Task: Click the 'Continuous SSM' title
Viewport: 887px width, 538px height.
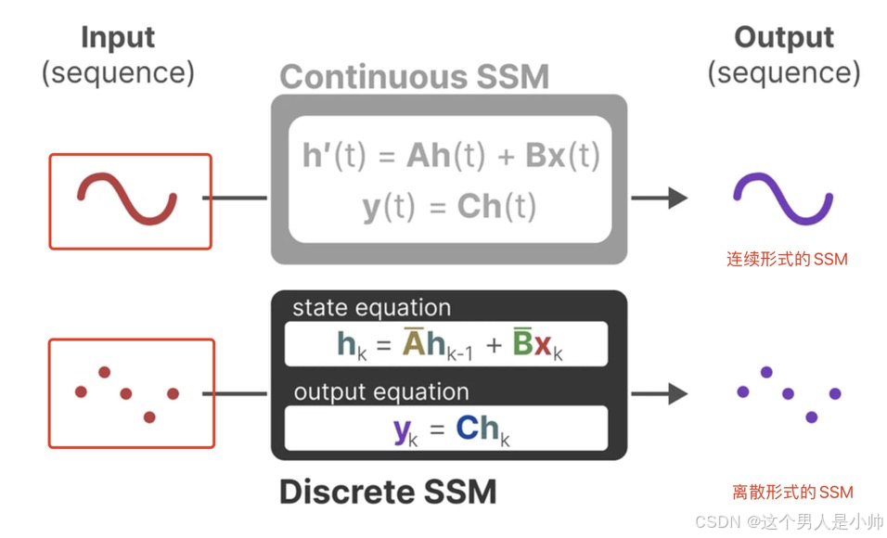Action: click(414, 77)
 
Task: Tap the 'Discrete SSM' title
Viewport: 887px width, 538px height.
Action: click(388, 491)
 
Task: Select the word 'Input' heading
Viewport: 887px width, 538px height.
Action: click(118, 37)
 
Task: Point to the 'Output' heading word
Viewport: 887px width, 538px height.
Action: click(784, 37)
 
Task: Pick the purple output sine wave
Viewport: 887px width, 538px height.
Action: click(783, 199)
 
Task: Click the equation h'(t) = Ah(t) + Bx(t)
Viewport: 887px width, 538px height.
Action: click(451, 156)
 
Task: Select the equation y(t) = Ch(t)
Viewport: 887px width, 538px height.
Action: click(449, 207)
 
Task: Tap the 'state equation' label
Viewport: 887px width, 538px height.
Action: click(371, 308)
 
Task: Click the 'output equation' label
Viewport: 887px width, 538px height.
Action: click(380, 391)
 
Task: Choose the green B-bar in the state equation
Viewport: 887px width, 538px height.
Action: click(522, 344)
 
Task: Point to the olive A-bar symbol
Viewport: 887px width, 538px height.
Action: click(413, 344)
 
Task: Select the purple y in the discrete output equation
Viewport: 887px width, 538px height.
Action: click(402, 430)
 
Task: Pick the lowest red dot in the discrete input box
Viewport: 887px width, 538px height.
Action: click(149, 416)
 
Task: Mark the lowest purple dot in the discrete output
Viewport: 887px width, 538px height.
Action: click(812, 417)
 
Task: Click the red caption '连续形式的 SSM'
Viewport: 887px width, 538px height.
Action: click(787, 260)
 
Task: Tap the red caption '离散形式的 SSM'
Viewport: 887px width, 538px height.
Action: click(792, 492)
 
